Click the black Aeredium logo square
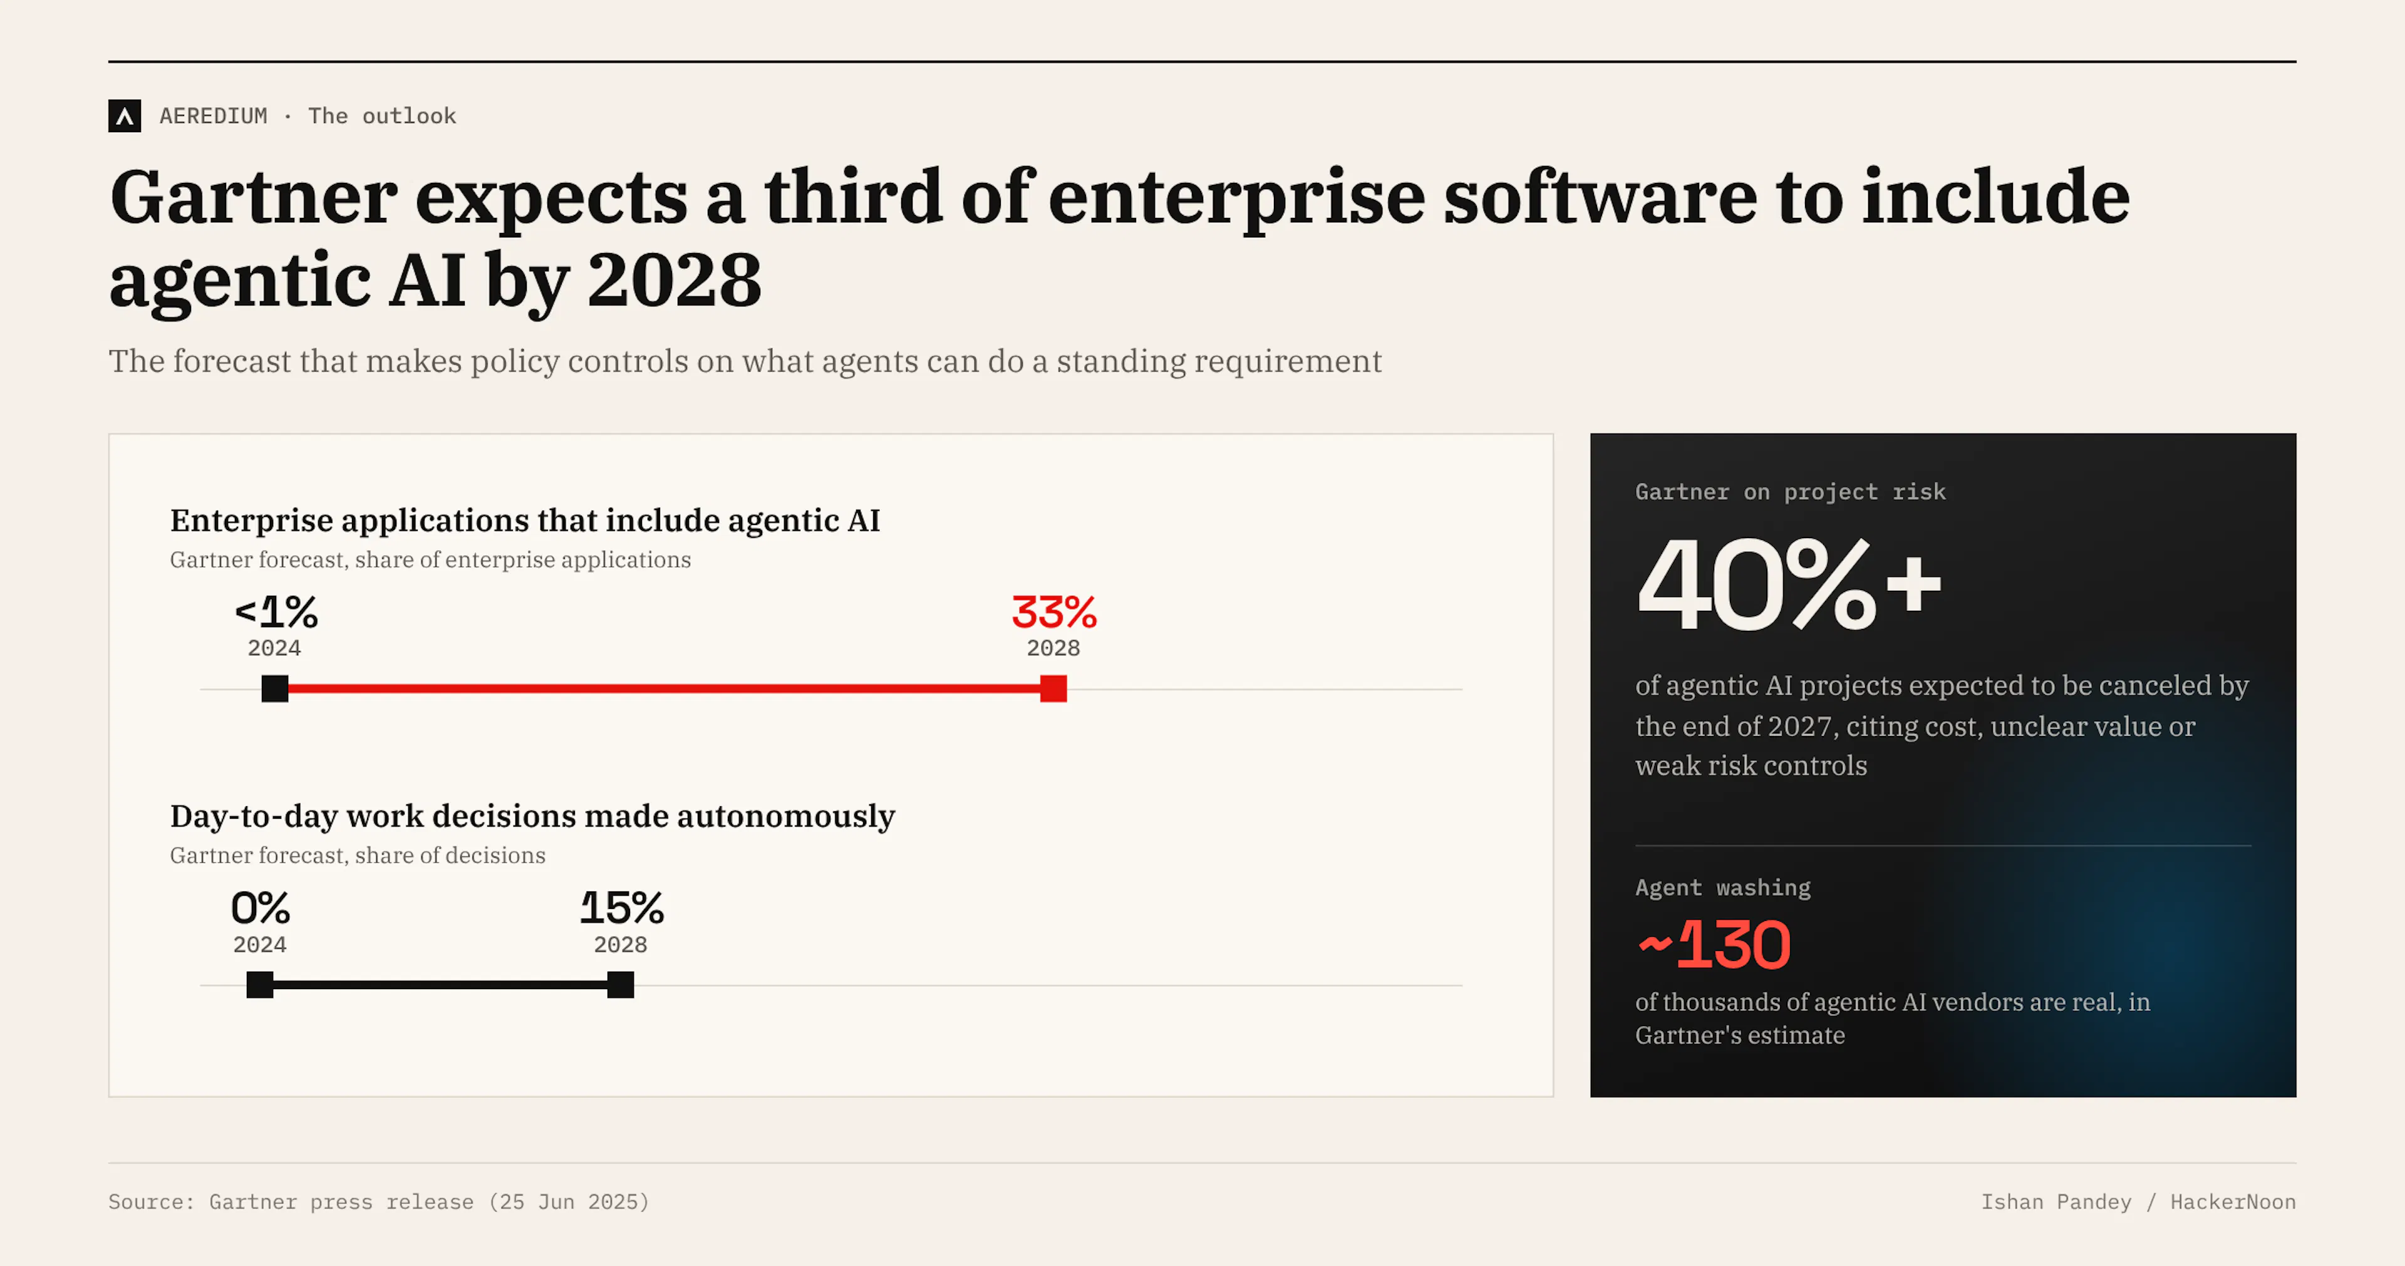pos(124,116)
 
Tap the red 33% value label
pos(1054,613)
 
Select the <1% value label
pos(276,613)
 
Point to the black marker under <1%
pos(274,689)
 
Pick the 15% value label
pos(622,908)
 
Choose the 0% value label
pos(261,908)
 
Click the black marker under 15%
pos(621,985)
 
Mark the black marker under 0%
pos(259,985)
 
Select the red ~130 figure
pos(1714,945)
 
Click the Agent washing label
pos(1722,887)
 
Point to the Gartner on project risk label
pos(1791,492)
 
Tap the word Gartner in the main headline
pos(254,198)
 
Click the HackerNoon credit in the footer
pos(2233,1201)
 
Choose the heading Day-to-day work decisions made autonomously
pos(532,816)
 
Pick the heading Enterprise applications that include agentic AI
pos(525,520)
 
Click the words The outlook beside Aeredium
pos(382,116)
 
